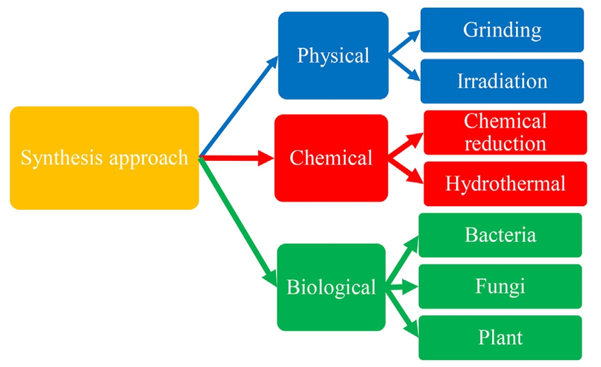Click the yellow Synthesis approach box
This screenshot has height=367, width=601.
click(x=104, y=158)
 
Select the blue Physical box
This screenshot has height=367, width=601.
click(x=333, y=55)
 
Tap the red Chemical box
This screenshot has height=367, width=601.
click(x=331, y=158)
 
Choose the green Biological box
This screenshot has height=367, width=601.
click(x=331, y=287)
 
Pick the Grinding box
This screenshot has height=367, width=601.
click(x=502, y=30)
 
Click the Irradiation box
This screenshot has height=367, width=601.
click(x=502, y=81)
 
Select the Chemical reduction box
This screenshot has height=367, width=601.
click(x=505, y=132)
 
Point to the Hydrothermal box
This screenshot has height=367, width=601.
click(x=505, y=184)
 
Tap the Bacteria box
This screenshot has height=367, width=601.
click(x=500, y=235)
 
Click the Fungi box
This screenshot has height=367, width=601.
click(x=500, y=286)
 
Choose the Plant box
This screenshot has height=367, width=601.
click(x=500, y=337)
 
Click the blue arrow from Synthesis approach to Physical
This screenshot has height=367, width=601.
click(x=238, y=107)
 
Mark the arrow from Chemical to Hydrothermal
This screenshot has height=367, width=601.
click(x=406, y=171)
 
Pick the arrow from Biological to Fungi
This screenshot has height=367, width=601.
click(x=402, y=286)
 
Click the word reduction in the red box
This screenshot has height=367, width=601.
click(x=505, y=142)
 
